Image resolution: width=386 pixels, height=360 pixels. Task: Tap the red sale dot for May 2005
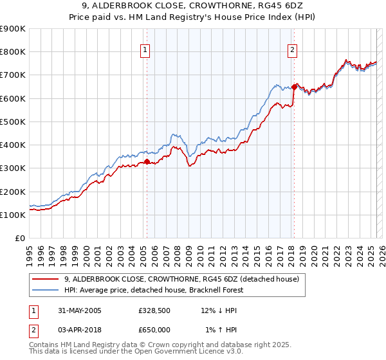click(147, 162)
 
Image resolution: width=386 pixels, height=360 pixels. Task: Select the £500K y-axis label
click(13, 122)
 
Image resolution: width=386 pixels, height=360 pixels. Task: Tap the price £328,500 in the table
click(154, 310)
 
